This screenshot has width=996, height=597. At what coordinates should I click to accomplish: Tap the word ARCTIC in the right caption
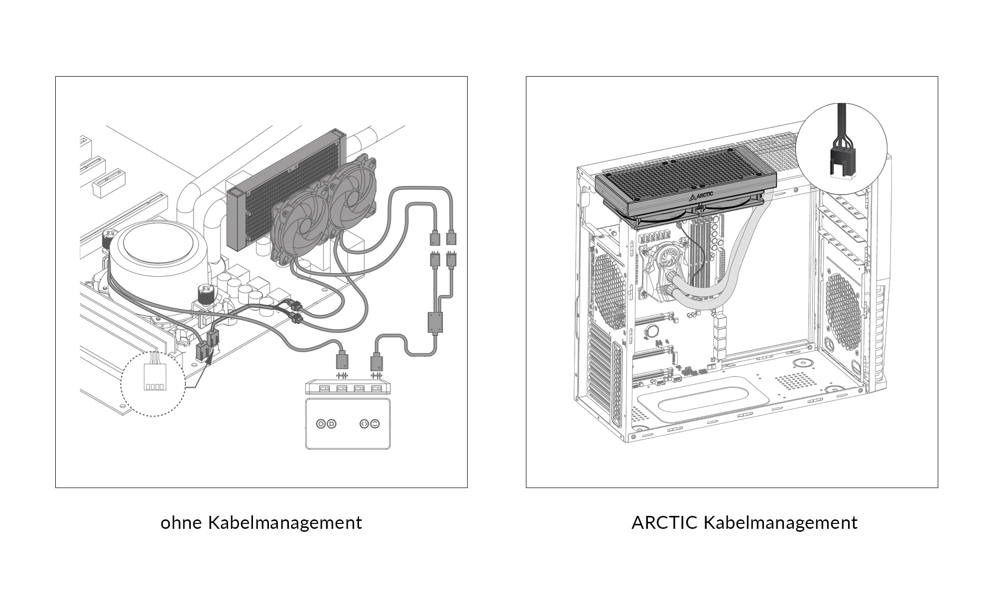coord(664,523)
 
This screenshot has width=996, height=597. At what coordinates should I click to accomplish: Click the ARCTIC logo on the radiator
coord(702,196)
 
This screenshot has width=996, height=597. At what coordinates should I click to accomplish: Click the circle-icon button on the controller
coord(321,424)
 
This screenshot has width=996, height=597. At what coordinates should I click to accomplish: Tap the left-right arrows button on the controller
coord(365,424)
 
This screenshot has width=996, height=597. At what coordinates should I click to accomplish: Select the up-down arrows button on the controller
coord(375,424)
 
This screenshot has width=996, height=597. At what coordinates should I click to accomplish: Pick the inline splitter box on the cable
coord(435,322)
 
